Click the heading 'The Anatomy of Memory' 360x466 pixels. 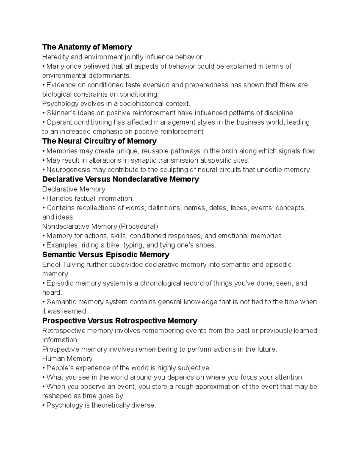pyautogui.click(x=87, y=47)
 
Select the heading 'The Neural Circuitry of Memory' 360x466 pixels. pyautogui.click(x=99, y=141)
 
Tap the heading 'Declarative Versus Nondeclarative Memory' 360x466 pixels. pyautogui.click(x=121, y=179)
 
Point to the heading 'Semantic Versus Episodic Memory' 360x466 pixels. pyautogui.click(x=106, y=255)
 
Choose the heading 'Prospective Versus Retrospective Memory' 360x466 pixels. pyautogui.click(x=120, y=321)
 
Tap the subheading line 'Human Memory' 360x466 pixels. pyautogui.click(x=67, y=359)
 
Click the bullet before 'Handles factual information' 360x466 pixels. pyautogui.click(x=44, y=199)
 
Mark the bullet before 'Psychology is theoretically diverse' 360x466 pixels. pyautogui.click(x=44, y=405)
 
